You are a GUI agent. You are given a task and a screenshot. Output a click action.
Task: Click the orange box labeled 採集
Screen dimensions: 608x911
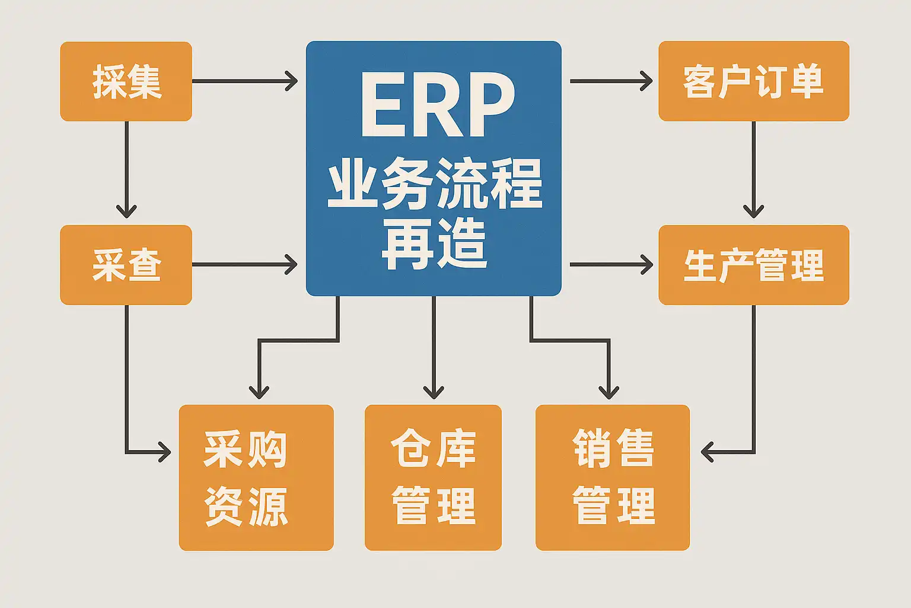pos(126,81)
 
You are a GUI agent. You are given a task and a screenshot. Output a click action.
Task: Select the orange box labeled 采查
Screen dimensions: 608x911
pos(126,265)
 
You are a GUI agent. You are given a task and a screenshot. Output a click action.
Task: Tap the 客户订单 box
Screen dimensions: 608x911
pos(753,81)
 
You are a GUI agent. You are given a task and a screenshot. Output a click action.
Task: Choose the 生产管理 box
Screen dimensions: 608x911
pos(753,265)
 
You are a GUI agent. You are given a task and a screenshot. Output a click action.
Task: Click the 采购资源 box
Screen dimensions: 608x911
pos(256,477)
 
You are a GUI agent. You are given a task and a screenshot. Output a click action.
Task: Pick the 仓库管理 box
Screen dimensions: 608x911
pos(433,477)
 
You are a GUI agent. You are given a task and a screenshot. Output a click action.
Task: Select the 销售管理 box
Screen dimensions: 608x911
pos(612,477)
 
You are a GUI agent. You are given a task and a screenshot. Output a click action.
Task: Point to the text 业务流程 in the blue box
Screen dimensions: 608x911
pos(435,185)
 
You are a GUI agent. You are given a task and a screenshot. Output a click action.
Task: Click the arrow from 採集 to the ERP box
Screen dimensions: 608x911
pos(244,81)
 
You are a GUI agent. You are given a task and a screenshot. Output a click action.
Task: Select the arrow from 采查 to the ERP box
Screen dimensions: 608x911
pos(244,265)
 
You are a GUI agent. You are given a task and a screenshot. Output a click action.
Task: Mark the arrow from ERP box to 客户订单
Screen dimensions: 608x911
pos(611,81)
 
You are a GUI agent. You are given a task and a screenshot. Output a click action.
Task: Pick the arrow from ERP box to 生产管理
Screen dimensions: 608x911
pos(611,265)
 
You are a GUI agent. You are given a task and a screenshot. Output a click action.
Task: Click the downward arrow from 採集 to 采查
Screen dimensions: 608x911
pos(126,169)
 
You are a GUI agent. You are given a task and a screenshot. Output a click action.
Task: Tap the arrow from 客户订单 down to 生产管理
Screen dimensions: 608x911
pos(753,169)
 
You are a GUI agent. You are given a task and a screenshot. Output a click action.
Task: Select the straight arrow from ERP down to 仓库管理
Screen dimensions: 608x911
pos(434,347)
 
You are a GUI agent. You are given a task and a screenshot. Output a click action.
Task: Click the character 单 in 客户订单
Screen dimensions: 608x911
pos(807,81)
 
